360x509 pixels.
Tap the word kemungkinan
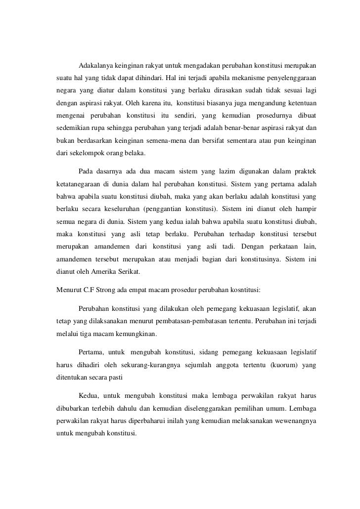pyautogui.click(x=135, y=333)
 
